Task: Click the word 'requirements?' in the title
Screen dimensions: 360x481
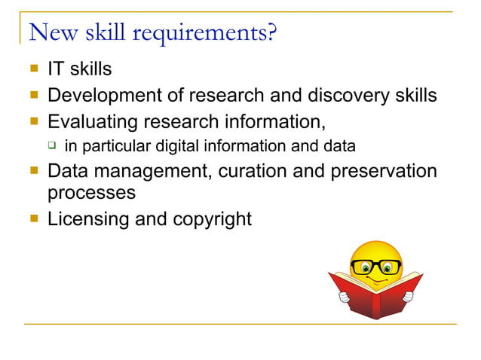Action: [x=203, y=34]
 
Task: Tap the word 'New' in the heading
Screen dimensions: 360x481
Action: [x=49, y=32]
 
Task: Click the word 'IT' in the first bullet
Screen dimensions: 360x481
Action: [x=55, y=69]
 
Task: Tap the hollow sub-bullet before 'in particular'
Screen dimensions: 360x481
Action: [x=52, y=145]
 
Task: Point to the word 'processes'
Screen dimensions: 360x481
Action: [x=91, y=193]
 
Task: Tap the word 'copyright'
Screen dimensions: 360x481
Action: [x=211, y=220]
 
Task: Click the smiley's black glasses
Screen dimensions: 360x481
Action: [x=376, y=266]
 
